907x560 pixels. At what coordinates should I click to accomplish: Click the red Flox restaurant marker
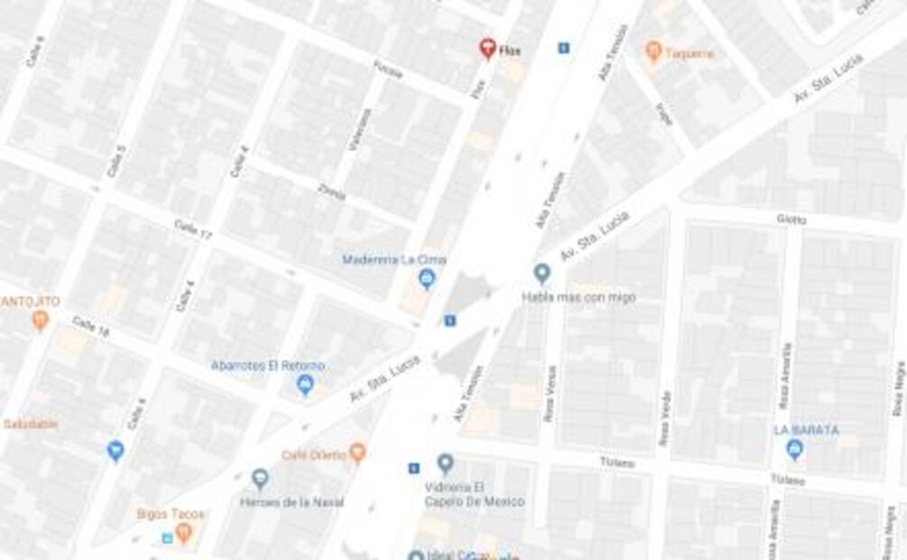[x=487, y=48]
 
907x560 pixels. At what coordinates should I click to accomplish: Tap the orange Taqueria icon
[x=653, y=51]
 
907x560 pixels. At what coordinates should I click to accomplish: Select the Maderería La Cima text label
[x=394, y=260]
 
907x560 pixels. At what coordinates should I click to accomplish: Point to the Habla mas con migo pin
[x=541, y=273]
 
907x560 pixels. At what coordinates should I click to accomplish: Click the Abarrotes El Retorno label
[x=267, y=366]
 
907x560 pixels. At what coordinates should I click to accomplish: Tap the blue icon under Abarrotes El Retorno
[x=305, y=386]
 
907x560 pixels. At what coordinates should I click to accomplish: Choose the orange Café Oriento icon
[x=357, y=452]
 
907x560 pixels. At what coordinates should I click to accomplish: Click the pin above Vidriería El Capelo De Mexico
[x=445, y=464]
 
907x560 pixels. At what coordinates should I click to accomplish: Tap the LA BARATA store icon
[x=794, y=449]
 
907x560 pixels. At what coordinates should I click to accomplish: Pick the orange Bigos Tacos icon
[x=184, y=533]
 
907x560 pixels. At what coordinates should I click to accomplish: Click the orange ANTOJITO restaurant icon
[x=40, y=320]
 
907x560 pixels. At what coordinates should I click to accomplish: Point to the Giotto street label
[x=791, y=219]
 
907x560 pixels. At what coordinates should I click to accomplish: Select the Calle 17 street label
[x=192, y=229]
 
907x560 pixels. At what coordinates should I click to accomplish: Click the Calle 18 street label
[x=90, y=326]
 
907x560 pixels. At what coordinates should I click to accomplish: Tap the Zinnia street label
[x=331, y=192]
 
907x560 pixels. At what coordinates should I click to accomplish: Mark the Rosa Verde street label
[x=665, y=417]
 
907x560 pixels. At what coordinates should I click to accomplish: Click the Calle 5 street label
[x=116, y=160]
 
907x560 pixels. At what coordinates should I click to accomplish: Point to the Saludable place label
[x=31, y=424]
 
